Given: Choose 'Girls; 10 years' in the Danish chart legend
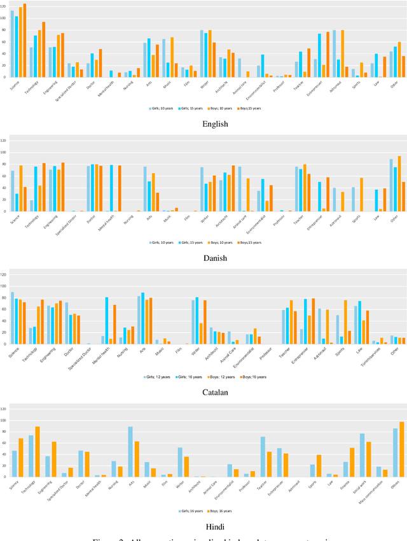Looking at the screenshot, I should [161, 242].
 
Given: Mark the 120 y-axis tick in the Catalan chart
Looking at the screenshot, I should [4, 274].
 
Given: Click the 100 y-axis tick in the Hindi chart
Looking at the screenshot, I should [4, 421].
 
